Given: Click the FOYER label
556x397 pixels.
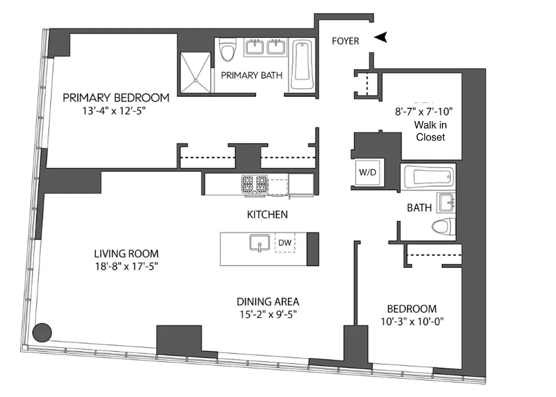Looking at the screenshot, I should pyautogui.click(x=345, y=41).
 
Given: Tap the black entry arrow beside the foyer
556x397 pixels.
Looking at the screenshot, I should pyautogui.click(x=380, y=37).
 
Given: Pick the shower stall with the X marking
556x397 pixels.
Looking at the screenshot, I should pyautogui.click(x=195, y=72).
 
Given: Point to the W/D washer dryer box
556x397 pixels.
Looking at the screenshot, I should pyautogui.click(x=368, y=173).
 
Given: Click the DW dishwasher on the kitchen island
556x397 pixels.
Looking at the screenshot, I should pyautogui.click(x=285, y=243).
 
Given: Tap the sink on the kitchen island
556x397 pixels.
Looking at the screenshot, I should pyautogui.click(x=259, y=244).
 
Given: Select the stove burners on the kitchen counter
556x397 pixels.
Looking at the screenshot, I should pyautogui.click(x=253, y=184).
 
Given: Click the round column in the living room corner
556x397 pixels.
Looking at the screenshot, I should pyautogui.click(x=42, y=331).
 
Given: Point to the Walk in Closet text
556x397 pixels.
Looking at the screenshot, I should pyautogui.click(x=431, y=132).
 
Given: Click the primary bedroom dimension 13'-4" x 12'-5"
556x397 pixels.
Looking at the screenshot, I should pyautogui.click(x=116, y=111).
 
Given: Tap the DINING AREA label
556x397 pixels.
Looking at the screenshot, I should pyautogui.click(x=267, y=301).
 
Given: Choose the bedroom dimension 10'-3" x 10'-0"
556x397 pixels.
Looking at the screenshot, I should pyautogui.click(x=412, y=321).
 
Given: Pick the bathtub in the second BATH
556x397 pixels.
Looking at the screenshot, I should pyautogui.click(x=429, y=177).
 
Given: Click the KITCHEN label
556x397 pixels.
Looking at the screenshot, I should pyautogui.click(x=267, y=215).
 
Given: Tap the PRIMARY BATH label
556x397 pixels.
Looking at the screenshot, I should pyautogui.click(x=251, y=75).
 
